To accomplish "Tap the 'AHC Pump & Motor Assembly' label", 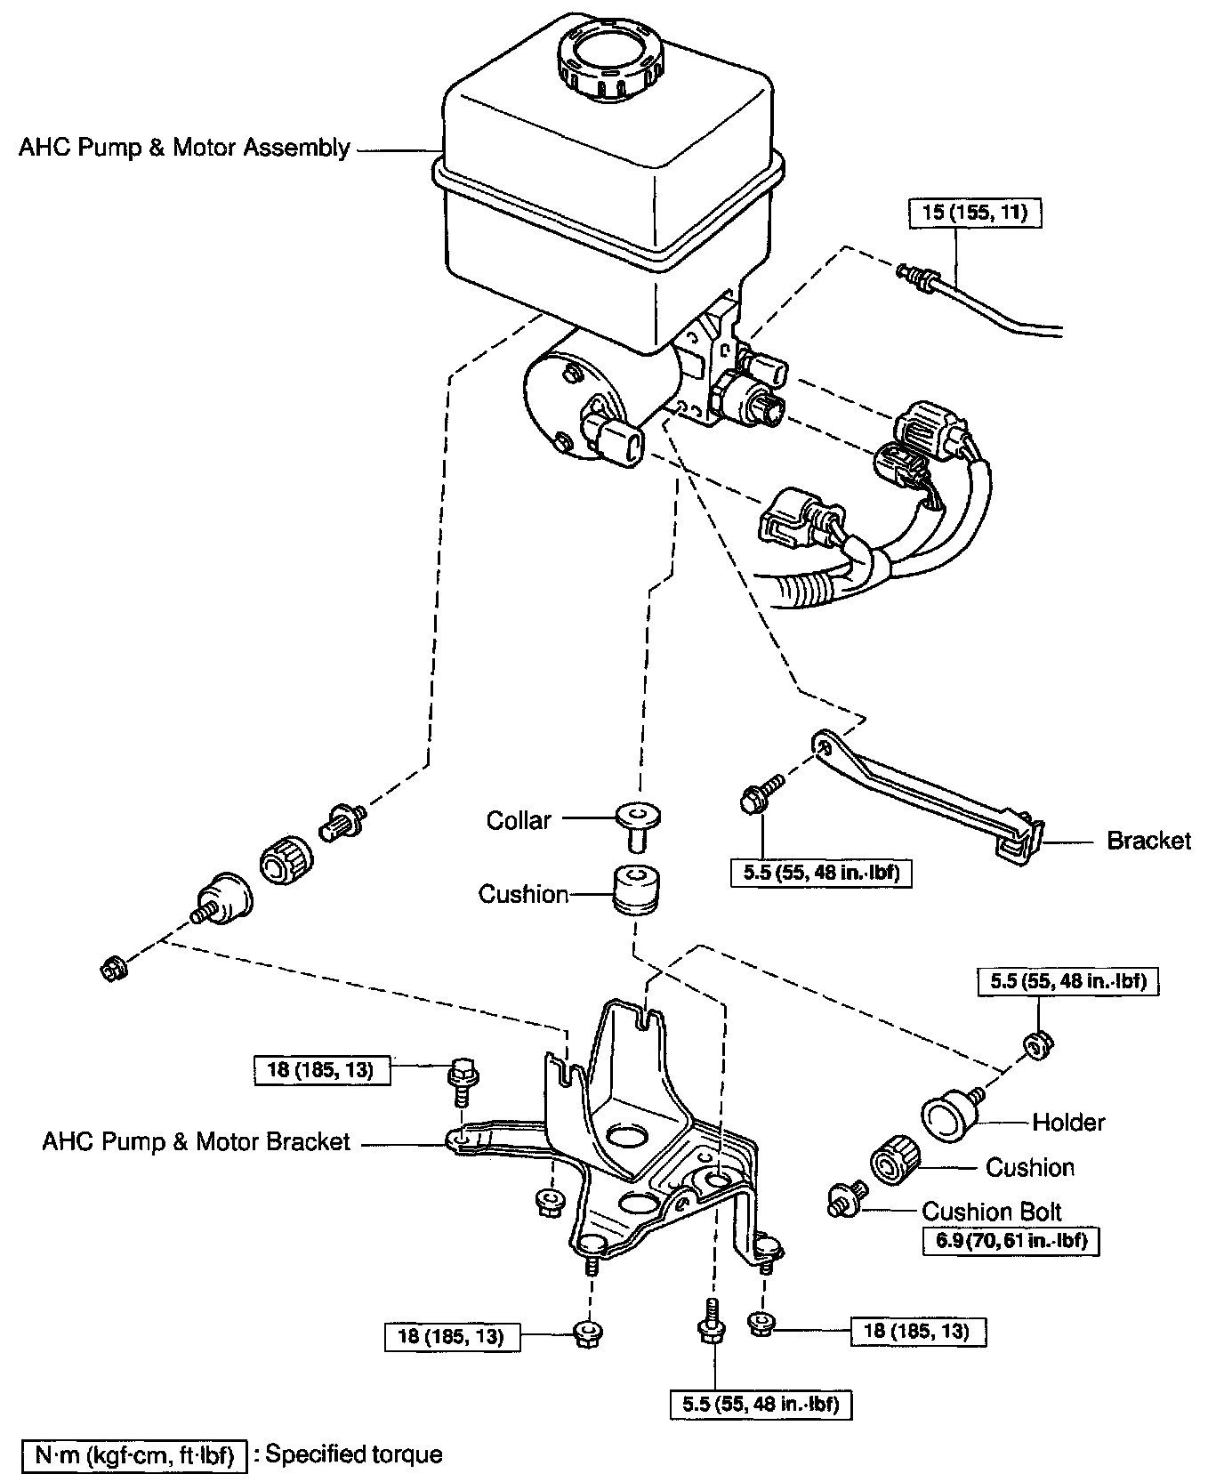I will (x=185, y=148).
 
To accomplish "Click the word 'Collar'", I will (x=519, y=820).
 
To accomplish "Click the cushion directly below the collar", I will (x=636, y=889).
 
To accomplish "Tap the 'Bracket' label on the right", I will (x=1147, y=841).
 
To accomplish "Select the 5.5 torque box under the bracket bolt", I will (x=822, y=873).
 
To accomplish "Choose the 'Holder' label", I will (x=1068, y=1123).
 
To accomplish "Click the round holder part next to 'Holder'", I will (x=946, y=1116).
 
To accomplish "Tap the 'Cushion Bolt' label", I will (x=992, y=1212).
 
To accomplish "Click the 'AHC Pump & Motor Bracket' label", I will (x=197, y=1142).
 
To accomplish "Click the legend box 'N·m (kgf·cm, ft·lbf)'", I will (x=133, y=1455).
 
